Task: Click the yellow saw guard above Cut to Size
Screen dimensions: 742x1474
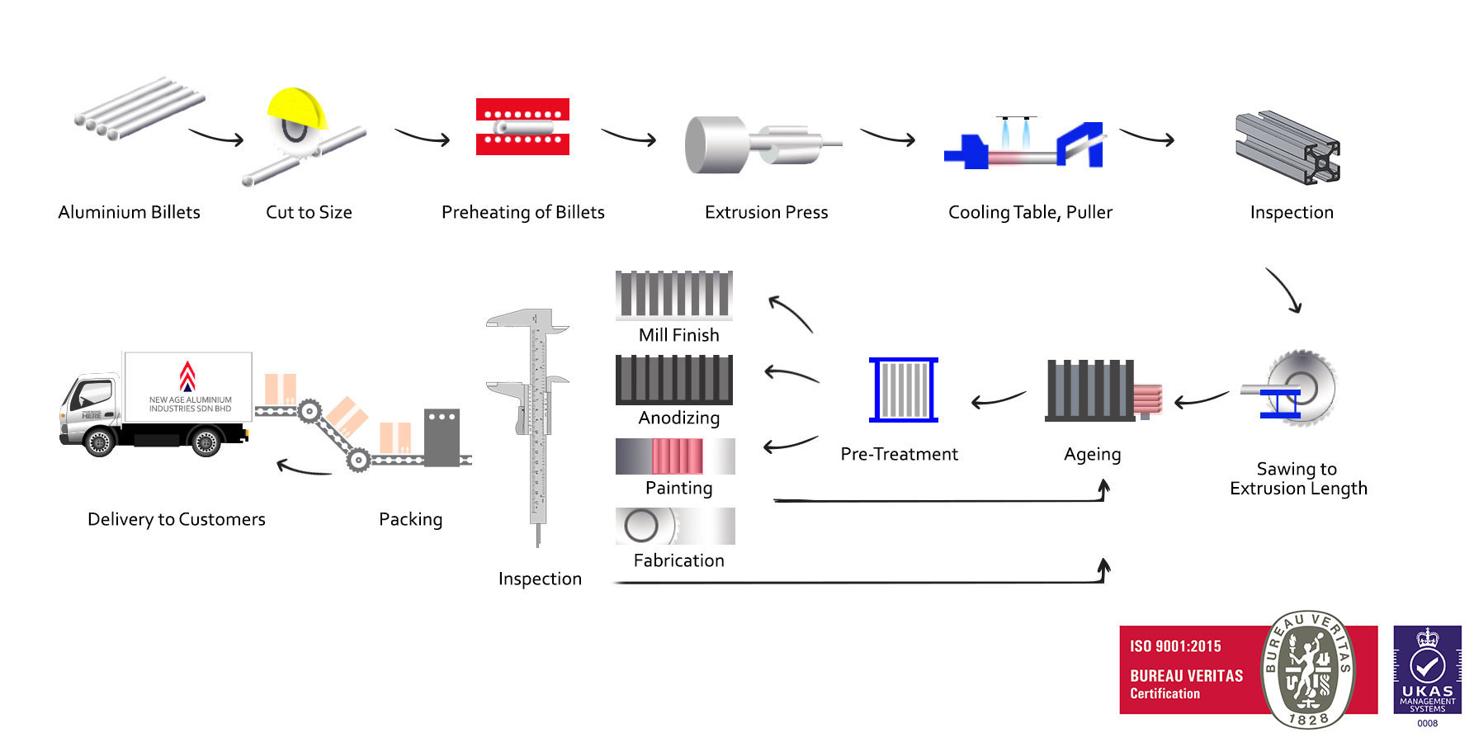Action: tap(295, 106)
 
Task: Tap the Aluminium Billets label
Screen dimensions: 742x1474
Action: tap(129, 212)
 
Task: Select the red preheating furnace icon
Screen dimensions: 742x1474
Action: tap(522, 126)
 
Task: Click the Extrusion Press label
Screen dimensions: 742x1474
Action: tap(766, 212)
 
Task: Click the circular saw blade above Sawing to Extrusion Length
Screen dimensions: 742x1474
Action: tap(1302, 385)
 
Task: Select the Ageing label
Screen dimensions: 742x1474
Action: tap(1092, 454)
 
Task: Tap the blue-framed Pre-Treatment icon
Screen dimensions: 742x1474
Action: tap(903, 390)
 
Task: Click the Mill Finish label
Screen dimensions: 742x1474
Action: tap(678, 335)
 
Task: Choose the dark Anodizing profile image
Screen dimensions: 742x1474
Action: tap(673, 379)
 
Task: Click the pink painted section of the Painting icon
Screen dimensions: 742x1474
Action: tap(677, 456)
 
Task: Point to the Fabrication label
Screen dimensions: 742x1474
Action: tap(678, 560)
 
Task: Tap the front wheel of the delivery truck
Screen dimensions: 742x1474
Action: tap(99, 442)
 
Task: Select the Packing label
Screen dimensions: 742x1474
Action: tap(410, 519)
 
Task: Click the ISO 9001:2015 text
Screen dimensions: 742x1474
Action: tap(1175, 646)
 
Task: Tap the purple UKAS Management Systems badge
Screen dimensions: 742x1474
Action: tap(1427, 670)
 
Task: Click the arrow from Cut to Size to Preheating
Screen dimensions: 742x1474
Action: tap(422, 137)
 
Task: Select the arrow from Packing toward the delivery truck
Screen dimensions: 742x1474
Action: tap(303, 469)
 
